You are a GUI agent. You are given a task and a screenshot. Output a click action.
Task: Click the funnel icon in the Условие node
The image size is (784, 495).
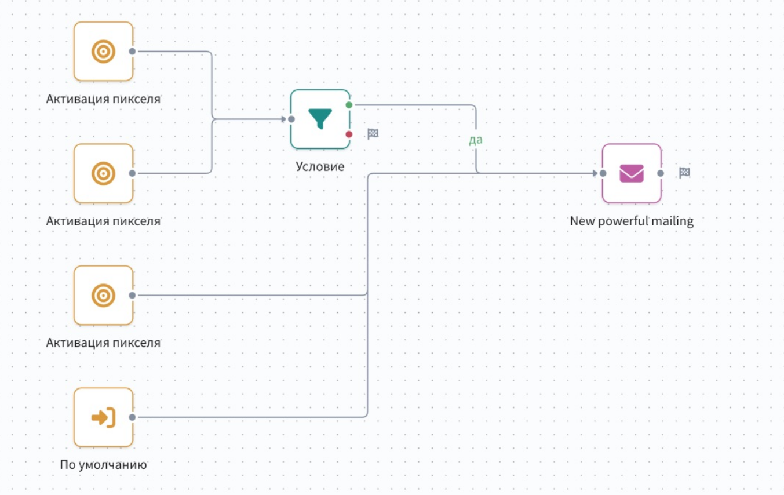320,118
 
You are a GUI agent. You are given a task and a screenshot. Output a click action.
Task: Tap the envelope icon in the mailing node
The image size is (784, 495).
631,173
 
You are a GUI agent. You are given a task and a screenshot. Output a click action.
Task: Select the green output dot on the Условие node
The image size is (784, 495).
349,105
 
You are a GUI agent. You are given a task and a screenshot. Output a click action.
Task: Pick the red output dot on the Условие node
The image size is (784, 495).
349,134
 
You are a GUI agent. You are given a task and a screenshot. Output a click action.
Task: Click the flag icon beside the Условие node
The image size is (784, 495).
373,134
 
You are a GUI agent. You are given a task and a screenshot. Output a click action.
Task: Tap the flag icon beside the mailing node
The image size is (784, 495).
684,173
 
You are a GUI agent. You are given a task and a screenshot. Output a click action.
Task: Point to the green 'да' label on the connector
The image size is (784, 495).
475,140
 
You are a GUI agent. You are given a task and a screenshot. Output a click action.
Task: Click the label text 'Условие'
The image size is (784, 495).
320,166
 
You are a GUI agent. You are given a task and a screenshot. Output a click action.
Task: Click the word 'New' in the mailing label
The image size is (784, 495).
581,221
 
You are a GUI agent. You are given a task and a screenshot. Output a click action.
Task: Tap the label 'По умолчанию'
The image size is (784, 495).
103,464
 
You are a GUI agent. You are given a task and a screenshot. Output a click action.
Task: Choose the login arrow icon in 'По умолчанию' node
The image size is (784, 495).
103,417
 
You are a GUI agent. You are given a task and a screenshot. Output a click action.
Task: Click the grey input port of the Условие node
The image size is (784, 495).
291,119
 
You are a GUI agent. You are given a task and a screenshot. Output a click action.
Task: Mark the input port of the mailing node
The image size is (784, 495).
603,173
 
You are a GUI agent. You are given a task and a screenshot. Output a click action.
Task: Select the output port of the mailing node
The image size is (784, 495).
660,173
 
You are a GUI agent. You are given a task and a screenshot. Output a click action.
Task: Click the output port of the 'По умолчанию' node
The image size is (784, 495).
132,417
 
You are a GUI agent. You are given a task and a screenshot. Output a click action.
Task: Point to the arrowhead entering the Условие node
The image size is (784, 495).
283,119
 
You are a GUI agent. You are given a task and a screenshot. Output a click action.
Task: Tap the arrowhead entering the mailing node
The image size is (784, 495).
595,173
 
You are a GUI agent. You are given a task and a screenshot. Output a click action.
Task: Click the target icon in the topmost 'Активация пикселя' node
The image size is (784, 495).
103,52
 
